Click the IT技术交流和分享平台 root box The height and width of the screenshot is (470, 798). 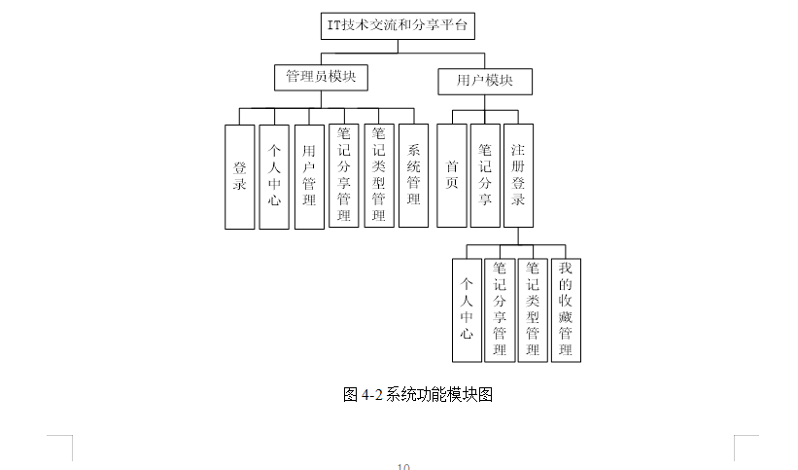point(399,24)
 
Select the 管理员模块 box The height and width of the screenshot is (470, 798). point(321,76)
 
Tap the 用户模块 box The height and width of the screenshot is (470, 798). point(484,81)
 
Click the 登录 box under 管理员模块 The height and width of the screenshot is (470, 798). point(239,176)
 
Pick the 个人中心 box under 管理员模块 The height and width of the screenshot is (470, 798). point(274,176)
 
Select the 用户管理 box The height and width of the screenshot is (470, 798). point(309,176)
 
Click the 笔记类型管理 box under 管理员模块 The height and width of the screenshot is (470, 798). point(378,175)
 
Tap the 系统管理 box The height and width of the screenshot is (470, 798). point(413,175)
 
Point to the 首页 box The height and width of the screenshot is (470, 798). point(451,175)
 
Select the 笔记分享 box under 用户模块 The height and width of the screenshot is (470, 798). point(485,175)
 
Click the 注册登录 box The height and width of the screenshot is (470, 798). point(518,175)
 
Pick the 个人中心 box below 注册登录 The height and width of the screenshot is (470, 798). point(467,309)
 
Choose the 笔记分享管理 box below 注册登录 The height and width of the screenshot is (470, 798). point(500,309)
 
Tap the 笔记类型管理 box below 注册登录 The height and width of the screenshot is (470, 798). point(533,309)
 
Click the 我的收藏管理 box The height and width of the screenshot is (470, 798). point(566,309)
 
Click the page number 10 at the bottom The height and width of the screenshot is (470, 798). point(403,467)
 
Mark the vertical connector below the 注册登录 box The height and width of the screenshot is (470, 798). point(518,236)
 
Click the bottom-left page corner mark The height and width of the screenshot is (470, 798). point(67,443)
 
